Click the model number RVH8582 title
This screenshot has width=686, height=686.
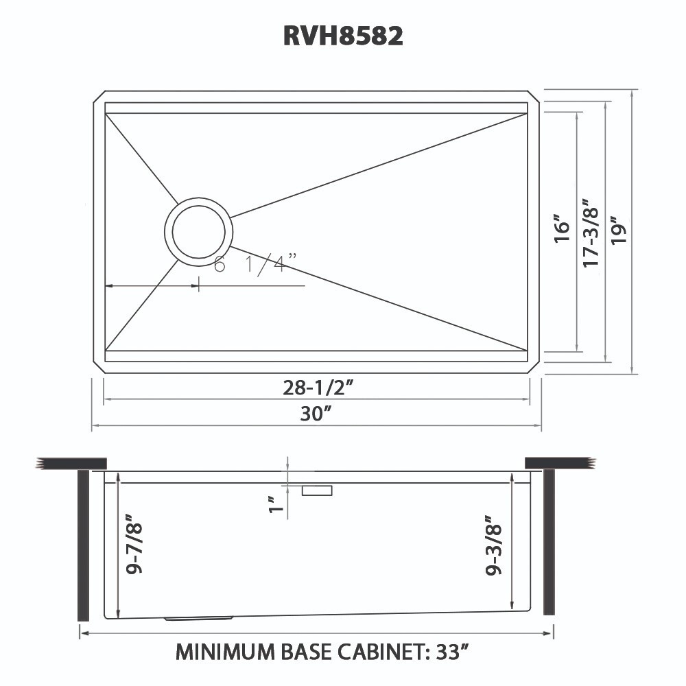coord(343,36)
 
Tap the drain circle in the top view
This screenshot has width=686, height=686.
coord(198,232)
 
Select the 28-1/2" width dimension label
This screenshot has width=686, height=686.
coord(318,388)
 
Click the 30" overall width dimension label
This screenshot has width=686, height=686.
coord(317,414)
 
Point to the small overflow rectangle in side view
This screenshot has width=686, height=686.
coord(317,490)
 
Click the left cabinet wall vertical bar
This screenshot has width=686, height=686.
coord(84,545)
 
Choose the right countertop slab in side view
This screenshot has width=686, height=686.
coord(559,463)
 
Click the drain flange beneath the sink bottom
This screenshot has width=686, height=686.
coord(199,618)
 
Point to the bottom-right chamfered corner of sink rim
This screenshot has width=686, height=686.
coord(534,367)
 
